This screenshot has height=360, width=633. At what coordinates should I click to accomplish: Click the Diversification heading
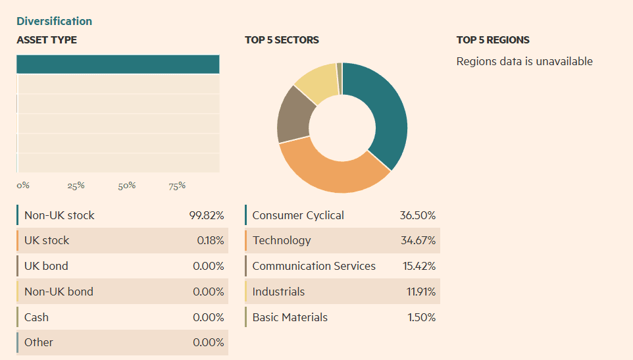pyautogui.click(x=54, y=21)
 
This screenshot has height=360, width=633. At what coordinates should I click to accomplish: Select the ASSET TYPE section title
pyautogui.click(x=47, y=40)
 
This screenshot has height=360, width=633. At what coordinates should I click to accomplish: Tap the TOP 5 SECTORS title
pyautogui.click(x=282, y=40)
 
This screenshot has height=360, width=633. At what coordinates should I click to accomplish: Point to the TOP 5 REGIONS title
pyautogui.click(x=493, y=40)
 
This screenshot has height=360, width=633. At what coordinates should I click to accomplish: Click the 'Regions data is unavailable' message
pyautogui.click(x=524, y=61)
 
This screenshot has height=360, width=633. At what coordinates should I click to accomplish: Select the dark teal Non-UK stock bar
pyautogui.click(x=118, y=64)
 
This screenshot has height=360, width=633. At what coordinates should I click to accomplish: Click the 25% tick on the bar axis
pyautogui.click(x=76, y=186)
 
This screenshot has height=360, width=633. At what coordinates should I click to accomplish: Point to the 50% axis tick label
pyautogui.click(x=126, y=186)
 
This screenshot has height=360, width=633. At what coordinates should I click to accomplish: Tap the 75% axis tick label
pyautogui.click(x=176, y=186)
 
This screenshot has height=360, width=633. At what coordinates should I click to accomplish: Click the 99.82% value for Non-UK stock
pyautogui.click(x=207, y=215)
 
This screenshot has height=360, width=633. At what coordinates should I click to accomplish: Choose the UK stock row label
pyautogui.click(x=47, y=240)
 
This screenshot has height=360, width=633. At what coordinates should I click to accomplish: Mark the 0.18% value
pyautogui.click(x=210, y=240)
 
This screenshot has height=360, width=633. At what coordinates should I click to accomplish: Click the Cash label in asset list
pyautogui.click(x=36, y=317)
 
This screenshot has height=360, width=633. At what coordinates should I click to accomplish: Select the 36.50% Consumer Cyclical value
pyautogui.click(x=417, y=215)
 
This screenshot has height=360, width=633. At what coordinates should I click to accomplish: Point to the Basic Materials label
pyautogui.click(x=290, y=317)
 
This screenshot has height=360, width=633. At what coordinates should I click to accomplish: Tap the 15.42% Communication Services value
pyautogui.click(x=418, y=266)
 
